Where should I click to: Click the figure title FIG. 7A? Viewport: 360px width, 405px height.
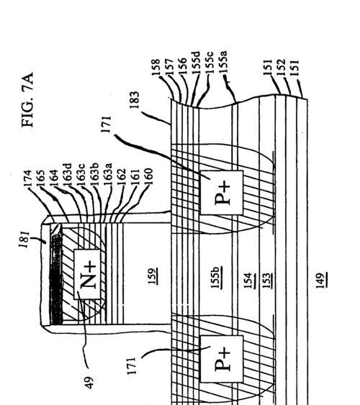[x=27, y=100]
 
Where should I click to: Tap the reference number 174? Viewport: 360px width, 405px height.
[x=27, y=178]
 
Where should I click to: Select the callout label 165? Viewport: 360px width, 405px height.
[x=40, y=178]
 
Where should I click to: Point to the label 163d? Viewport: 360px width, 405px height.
[x=67, y=175]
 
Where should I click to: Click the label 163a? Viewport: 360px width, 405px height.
[x=107, y=175]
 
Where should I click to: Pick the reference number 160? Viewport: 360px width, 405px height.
[x=148, y=177]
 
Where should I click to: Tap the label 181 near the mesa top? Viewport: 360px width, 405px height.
[x=24, y=239]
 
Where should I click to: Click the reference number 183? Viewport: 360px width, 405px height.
[x=135, y=100]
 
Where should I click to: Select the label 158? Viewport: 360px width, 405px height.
[x=156, y=68]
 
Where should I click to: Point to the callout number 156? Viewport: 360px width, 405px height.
[x=182, y=67]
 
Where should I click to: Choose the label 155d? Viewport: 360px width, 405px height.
[x=196, y=63]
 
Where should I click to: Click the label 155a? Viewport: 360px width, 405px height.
[x=222, y=63]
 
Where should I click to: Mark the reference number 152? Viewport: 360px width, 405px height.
[x=281, y=68]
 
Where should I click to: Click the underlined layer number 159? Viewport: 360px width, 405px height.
[x=153, y=276]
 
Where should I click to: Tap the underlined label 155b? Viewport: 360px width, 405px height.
[x=215, y=277]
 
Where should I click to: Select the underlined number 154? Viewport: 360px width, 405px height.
[x=248, y=281]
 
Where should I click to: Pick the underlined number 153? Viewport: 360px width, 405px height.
[x=266, y=281]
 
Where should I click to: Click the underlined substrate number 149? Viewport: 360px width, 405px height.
[x=321, y=281]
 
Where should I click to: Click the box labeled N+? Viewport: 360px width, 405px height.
[x=87, y=274]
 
